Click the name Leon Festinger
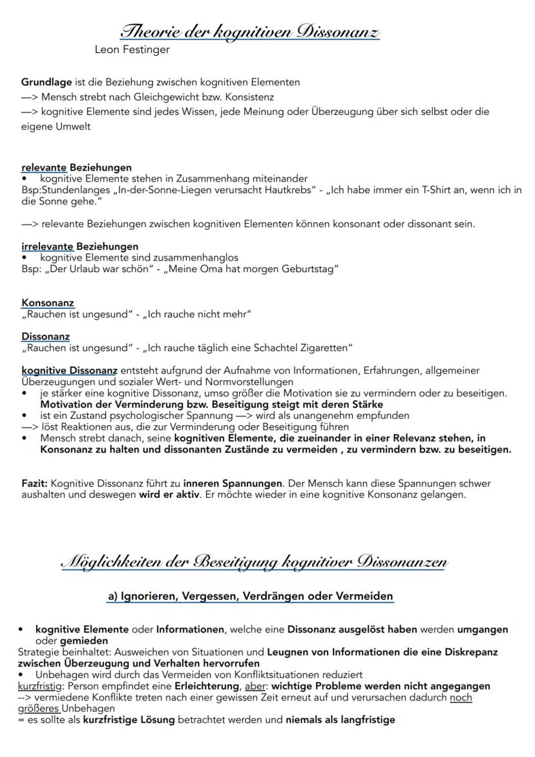(132, 49)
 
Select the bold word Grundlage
(47, 83)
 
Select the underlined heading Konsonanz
(48, 303)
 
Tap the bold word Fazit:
(35, 484)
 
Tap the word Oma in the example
(209, 269)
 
